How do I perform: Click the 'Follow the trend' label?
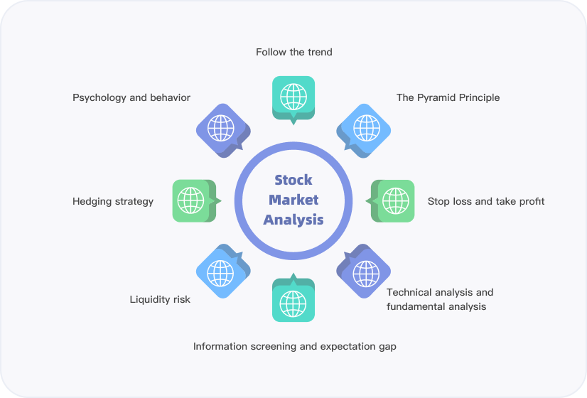293,52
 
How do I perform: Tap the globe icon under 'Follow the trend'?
293,96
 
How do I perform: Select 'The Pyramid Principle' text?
448,97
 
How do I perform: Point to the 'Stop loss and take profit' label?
486,201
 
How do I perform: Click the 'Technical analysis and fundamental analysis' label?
439,299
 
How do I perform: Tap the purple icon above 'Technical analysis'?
365,273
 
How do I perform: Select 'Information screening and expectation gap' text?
294,346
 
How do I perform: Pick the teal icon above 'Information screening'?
293,303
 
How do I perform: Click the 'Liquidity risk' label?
160,299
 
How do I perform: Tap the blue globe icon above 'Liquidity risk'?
221,272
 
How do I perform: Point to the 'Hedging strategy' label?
113,201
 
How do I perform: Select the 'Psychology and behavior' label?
131,97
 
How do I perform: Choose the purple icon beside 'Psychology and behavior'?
221,129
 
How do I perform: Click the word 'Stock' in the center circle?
293,180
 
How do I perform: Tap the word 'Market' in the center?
293,200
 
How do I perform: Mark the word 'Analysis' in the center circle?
293,220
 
